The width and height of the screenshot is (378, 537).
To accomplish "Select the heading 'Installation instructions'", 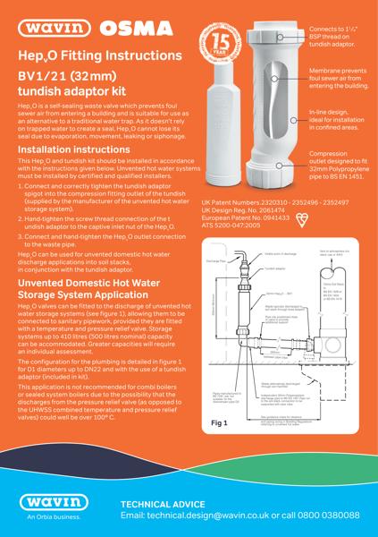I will pyautogui.click(x=69, y=149).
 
